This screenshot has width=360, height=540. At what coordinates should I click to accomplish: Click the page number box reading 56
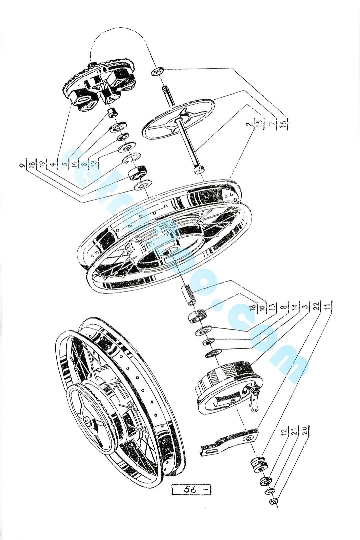coord(192,490)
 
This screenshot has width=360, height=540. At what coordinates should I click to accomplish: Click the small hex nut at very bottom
coord(273,501)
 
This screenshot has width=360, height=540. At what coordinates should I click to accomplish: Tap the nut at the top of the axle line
coord(157,71)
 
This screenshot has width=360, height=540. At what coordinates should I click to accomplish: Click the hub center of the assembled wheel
coord(89,422)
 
